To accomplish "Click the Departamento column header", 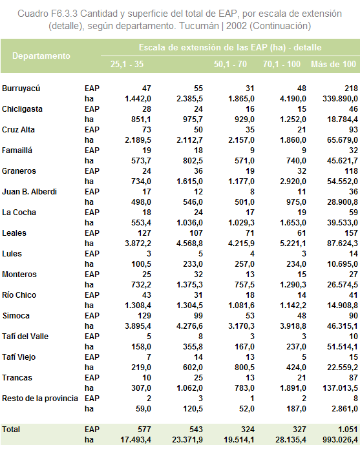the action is (x=41, y=56).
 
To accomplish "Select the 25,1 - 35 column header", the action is (x=127, y=64).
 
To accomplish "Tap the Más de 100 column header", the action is (x=334, y=64).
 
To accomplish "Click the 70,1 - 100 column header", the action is (x=282, y=64).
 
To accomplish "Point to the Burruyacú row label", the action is (x=21, y=88).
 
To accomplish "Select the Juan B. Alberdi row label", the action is (x=29, y=191).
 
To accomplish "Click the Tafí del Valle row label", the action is (x=25, y=337).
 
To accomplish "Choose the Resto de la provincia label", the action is (x=40, y=398).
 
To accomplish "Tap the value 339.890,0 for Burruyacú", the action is (x=340, y=99).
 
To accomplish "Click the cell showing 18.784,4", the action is (x=343, y=119).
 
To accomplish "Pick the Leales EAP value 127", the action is (x=144, y=233).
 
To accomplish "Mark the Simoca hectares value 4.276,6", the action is (x=189, y=326).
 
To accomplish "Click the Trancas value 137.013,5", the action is (x=340, y=388).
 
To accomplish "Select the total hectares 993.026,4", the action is (x=340, y=440).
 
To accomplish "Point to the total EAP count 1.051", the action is (x=348, y=429).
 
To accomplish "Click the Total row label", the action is (x=11, y=429).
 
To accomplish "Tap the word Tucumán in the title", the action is (x=199, y=26).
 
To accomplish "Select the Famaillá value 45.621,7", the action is (x=343, y=161).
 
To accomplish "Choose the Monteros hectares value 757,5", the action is (x=244, y=284).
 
